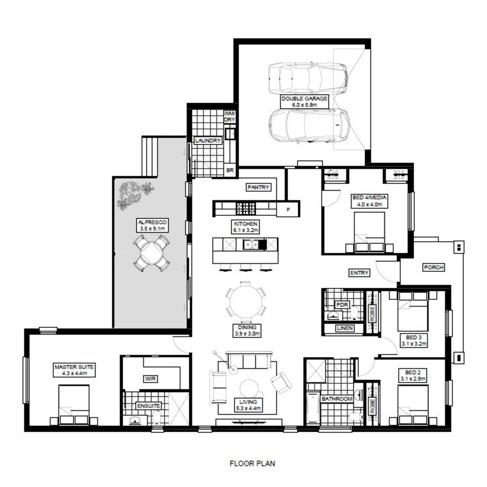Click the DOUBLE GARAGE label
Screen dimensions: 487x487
304,101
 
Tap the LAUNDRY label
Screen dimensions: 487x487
208,140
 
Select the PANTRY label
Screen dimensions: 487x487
258,187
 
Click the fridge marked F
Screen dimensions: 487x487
288,209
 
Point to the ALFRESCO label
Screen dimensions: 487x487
153,225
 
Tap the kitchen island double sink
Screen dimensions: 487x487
251,244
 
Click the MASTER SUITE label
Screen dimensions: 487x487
74,370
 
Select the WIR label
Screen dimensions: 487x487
151,379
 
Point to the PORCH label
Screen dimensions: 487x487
434,267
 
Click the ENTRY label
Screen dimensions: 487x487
359,273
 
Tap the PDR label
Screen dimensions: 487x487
342,304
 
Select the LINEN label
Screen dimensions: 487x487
345,328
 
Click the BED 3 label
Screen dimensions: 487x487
414,340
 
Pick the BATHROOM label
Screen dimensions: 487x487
337,399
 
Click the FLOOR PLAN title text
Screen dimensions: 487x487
252,463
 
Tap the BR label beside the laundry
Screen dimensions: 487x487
230,170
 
